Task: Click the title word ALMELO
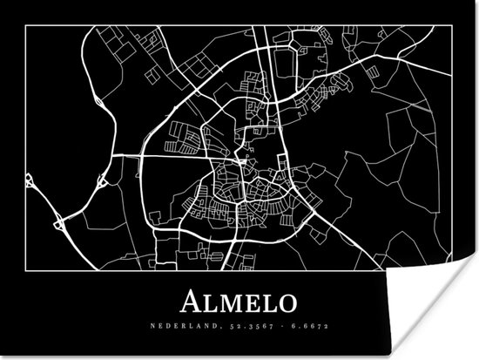click(x=239, y=302)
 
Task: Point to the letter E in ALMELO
click(x=250, y=302)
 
